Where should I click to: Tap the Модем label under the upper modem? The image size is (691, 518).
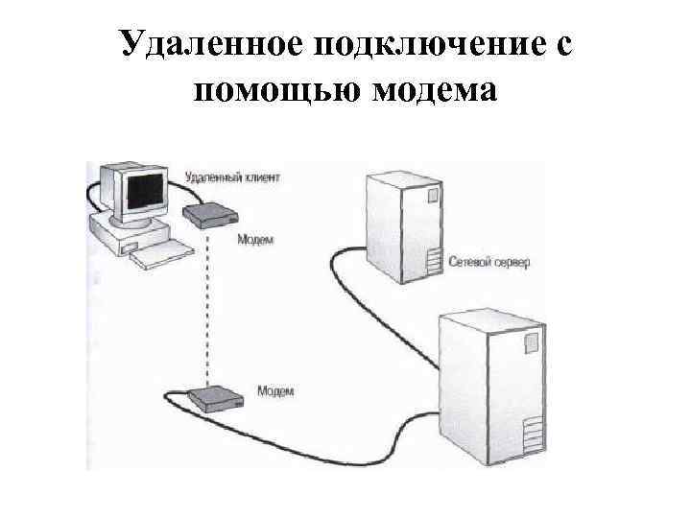(x=254, y=240)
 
